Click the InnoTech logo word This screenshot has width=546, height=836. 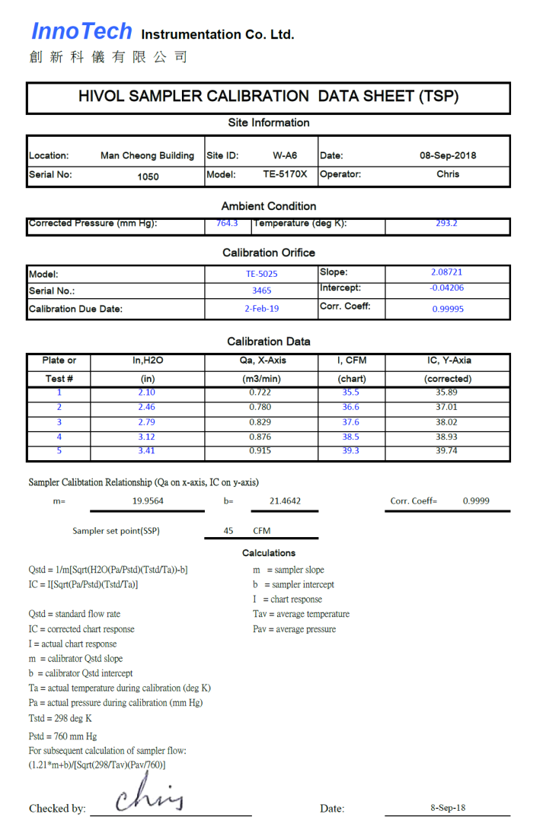pyautogui.click(x=81, y=31)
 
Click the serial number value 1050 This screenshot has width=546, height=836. pyautogui.click(x=148, y=176)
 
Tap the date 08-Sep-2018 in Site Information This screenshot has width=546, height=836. pyautogui.click(x=448, y=155)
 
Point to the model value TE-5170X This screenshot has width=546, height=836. pyautogui.click(x=285, y=174)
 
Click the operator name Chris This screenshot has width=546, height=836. pyautogui.click(x=448, y=174)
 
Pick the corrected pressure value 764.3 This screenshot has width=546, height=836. pyautogui.click(x=227, y=224)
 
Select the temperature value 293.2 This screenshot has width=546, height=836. pyautogui.click(x=446, y=224)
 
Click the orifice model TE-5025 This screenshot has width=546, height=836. pyautogui.click(x=261, y=274)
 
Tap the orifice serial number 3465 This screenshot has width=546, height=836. pyautogui.click(x=261, y=291)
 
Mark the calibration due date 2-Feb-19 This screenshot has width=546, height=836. pyautogui.click(x=261, y=309)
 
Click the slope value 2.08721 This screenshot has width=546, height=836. pyautogui.click(x=446, y=272)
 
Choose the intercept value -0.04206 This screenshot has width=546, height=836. pyautogui.click(x=446, y=288)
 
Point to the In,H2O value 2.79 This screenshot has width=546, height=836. pyautogui.click(x=147, y=422)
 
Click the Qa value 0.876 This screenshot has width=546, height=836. pyautogui.click(x=260, y=437)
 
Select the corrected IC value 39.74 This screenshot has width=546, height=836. pyautogui.click(x=447, y=451)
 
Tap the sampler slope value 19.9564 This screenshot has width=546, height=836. pyautogui.click(x=148, y=501)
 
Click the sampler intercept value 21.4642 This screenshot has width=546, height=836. pyautogui.click(x=285, y=501)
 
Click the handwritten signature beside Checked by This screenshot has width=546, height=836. pyautogui.click(x=150, y=799)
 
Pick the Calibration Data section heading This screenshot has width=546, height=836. pyautogui.click(x=269, y=342)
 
